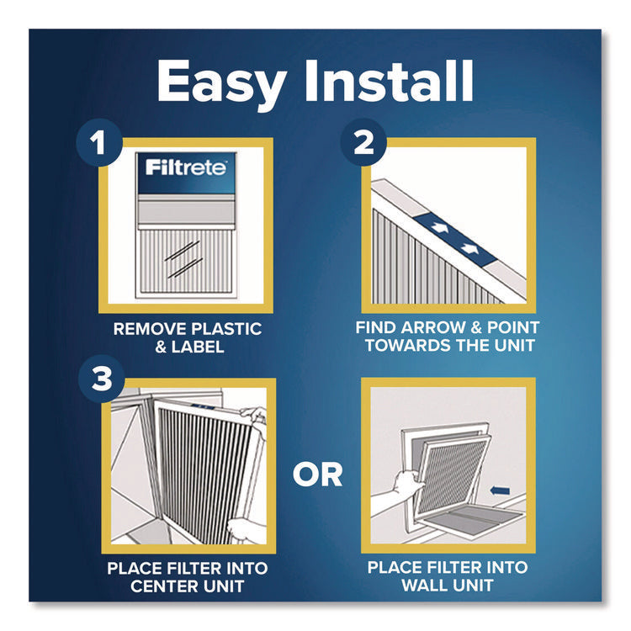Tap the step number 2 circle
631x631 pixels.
click(x=363, y=144)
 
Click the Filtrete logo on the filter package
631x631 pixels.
click(x=185, y=167)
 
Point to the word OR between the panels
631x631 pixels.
click(x=317, y=475)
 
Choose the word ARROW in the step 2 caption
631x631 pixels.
click(x=442, y=326)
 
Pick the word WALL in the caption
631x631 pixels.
click(x=422, y=586)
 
